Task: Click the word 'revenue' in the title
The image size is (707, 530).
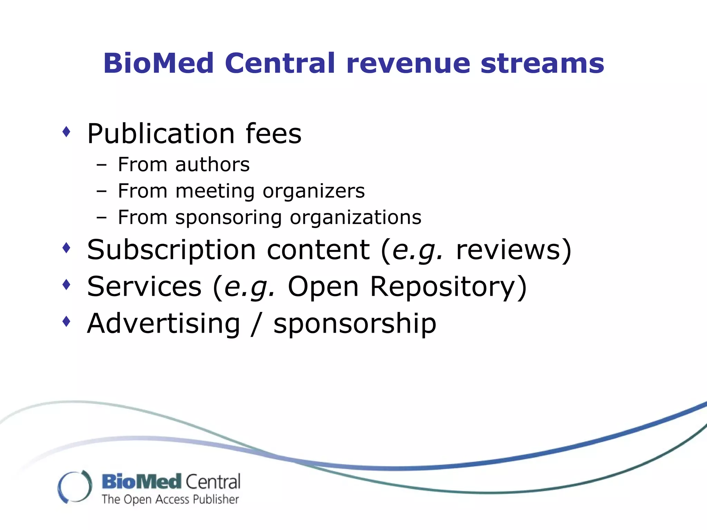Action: click(x=408, y=63)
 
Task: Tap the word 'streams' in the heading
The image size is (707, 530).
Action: click(x=542, y=63)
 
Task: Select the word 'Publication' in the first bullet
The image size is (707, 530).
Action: click(x=161, y=134)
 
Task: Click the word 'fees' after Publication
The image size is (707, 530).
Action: click(x=273, y=134)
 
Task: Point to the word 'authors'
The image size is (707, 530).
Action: click(x=212, y=165)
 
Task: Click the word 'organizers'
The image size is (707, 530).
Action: click(x=313, y=192)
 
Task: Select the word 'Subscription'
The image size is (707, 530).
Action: click(x=171, y=250)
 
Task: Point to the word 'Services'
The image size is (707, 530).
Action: click(x=144, y=287)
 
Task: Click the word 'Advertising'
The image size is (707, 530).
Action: click(x=164, y=324)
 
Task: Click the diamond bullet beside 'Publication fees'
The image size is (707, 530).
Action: click(x=66, y=131)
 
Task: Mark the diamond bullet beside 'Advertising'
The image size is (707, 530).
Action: click(x=66, y=322)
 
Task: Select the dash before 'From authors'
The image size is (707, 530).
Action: click(x=101, y=165)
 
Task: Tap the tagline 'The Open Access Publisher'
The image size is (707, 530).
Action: click(x=170, y=499)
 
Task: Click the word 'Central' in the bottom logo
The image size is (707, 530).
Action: click(x=213, y=482)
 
